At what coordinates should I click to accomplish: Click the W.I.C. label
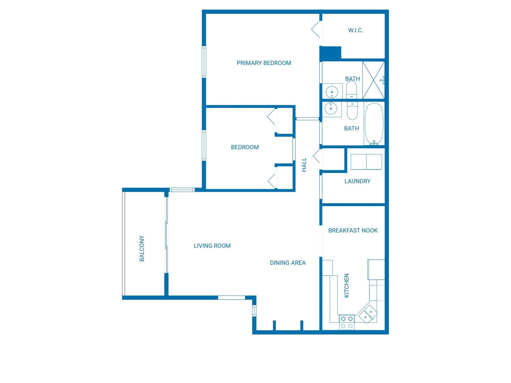coord(355,30)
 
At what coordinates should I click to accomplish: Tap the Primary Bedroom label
coord(264,63)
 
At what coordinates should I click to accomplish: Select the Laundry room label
coord(357,181)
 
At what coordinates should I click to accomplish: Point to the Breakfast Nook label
coord(353,230)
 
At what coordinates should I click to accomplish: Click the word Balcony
coord(142,248)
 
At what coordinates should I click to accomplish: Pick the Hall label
coord(304,165)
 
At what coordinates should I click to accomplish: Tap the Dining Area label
coord(287,263)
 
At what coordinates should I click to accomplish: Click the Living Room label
coord(212,246)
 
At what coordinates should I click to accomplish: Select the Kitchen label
coord(347,285)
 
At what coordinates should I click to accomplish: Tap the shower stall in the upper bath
coord(373,80)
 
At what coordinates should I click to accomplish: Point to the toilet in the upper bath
coord(352,90)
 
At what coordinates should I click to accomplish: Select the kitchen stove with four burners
coord(347,322)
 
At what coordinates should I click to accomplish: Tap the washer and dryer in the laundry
coord(366,162)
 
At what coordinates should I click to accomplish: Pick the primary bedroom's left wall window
coord(204,62)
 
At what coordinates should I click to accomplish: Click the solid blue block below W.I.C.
coord(330,53)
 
